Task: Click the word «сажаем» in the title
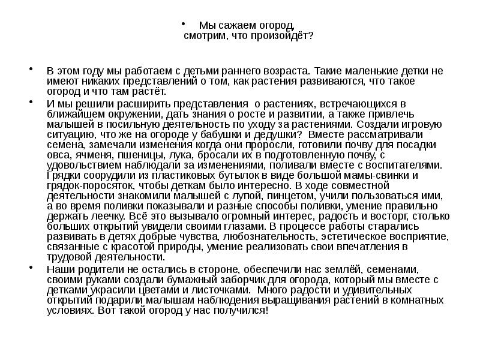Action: point(238,25)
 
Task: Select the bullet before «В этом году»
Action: point(31,70)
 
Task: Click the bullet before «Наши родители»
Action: point(31,268)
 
